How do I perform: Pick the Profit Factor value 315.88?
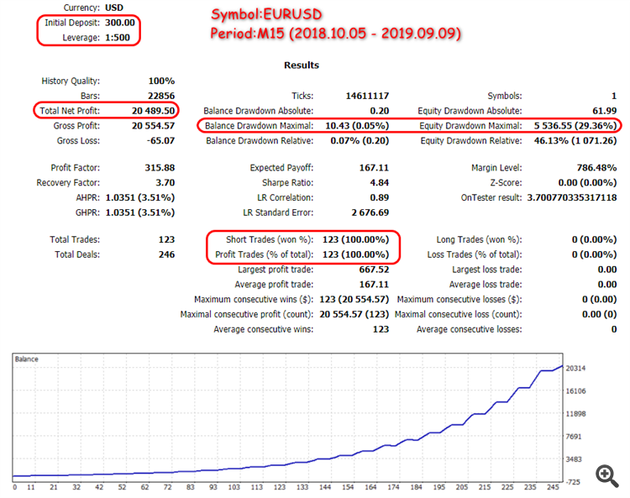click(x=158, y=168)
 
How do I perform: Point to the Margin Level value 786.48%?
click(x=592, y=168)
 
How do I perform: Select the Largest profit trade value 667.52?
click(x=372, y=270)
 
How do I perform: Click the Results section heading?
click(x=302, y=65)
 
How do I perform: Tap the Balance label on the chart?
click(x=28, y=359)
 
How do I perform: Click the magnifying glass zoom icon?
click(x=607, y=474)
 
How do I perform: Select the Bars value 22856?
click(x=159, y=97)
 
